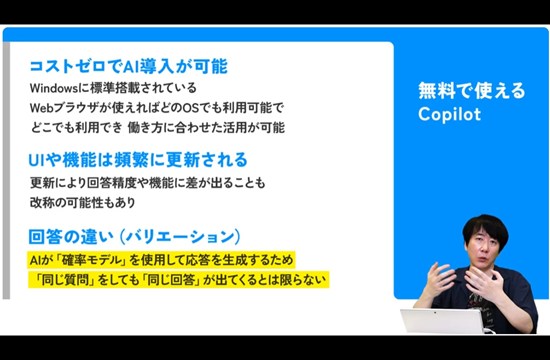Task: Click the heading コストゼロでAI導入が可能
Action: (128, 67)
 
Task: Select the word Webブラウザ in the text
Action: (59, 107)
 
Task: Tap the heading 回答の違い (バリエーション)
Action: (134, 236)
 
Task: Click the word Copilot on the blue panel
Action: (450, 114)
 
